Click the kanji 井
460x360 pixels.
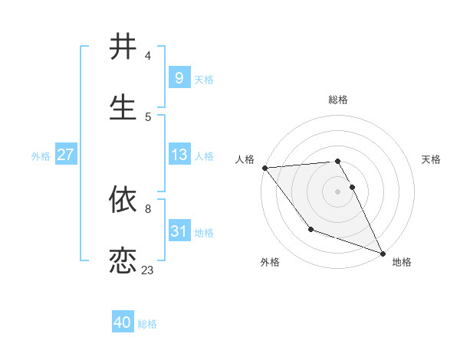(123, 47)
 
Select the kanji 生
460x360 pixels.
(123, 106)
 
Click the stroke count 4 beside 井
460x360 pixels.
(148, 56)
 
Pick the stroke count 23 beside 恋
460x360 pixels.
(147, 270)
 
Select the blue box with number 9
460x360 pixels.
(179, 77)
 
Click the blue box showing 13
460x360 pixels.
(179, 155)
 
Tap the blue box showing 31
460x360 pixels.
(179, 231)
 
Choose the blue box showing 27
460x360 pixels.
(65, 155)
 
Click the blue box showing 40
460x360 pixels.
(123, 323)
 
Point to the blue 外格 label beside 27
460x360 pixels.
(41, 155)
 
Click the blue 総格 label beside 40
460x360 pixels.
(147, 324)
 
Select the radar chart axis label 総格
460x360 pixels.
(338, 100)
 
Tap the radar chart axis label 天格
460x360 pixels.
(432, 159)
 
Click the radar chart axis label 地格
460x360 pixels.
(402, 262)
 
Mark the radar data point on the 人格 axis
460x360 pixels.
(264, 168)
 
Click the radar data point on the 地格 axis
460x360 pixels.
(383, 253)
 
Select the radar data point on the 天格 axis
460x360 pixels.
(353, 187)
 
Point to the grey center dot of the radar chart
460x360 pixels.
(338, 191)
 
